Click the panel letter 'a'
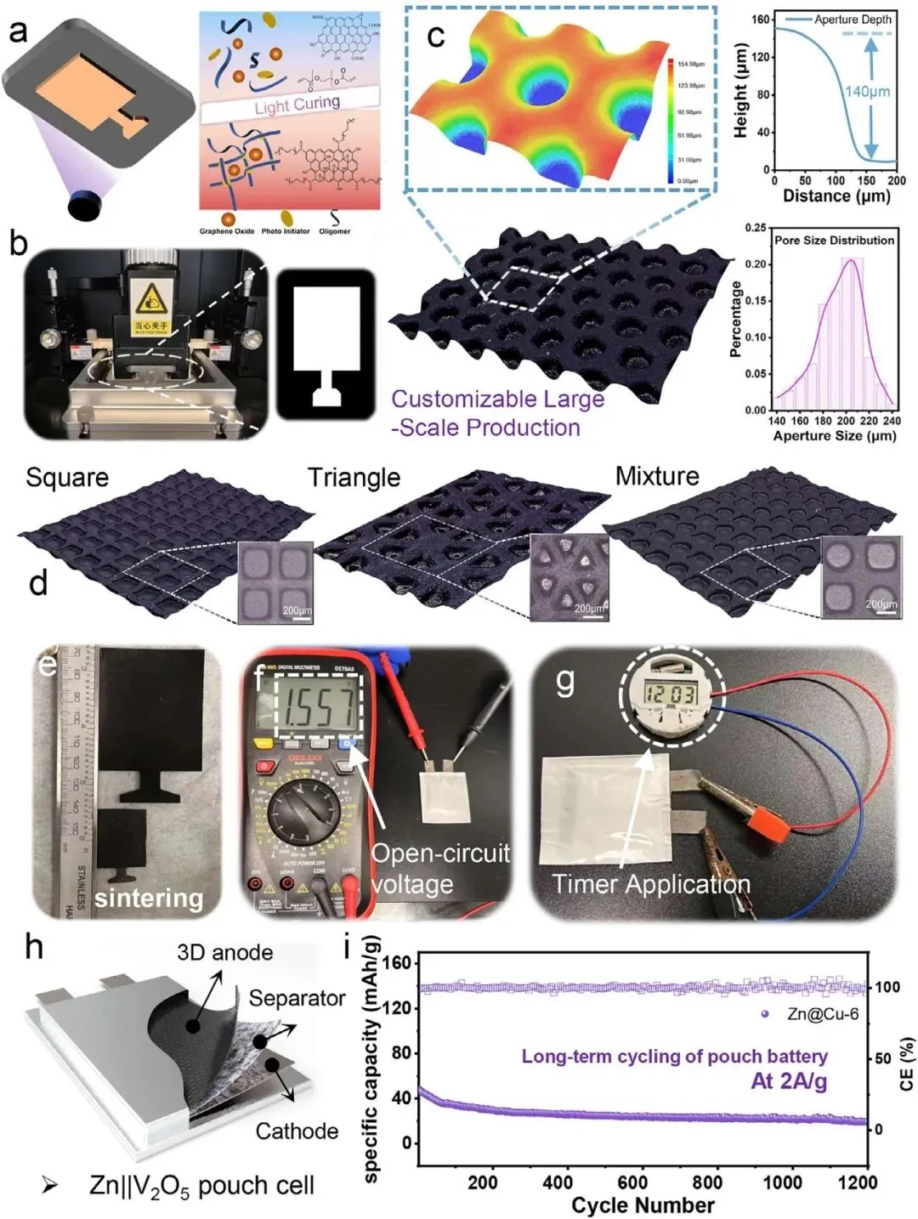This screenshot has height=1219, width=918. [x=19, y=31]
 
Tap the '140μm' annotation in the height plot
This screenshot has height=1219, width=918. [x=867, y=91]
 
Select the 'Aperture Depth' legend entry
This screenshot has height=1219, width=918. [x=853, y=20]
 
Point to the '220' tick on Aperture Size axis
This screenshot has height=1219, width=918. [x=869, y=421]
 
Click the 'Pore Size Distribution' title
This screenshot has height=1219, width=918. [x=834, y=241]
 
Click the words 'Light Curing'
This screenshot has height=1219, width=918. [x=297, y=105]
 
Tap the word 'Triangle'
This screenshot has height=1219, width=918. [x=354, y=478]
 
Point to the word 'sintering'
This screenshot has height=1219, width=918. [x=149, y=898]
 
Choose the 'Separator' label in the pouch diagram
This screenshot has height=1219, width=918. [x=297, y=998]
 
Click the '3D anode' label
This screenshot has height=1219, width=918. [x=224, y=953]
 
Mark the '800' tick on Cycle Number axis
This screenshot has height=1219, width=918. [x=707, y=1182]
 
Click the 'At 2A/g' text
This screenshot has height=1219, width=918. [x=789, y=1081]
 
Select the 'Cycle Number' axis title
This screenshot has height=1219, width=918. [x=643, y=1205]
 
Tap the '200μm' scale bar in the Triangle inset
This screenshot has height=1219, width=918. [x=589, y=609]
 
